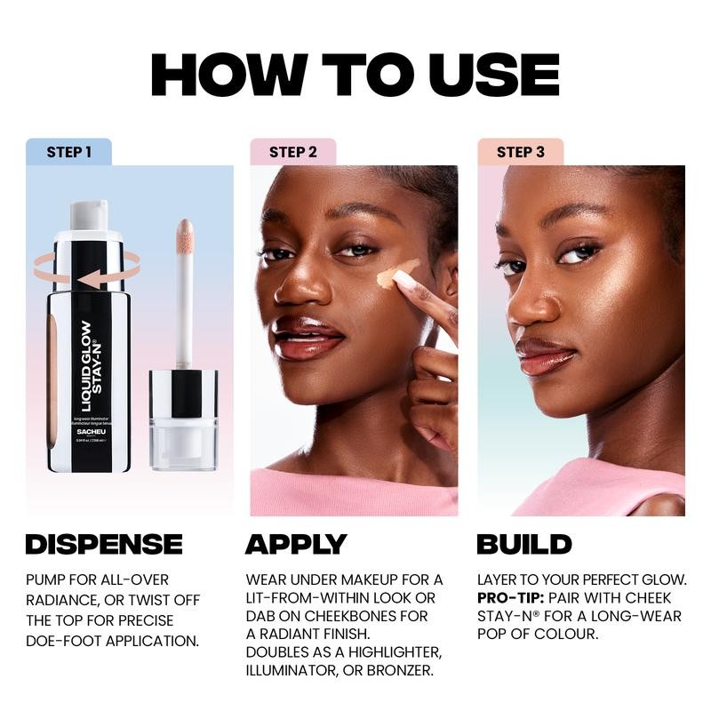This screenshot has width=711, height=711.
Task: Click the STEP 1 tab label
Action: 68,152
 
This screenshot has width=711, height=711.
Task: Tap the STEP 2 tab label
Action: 292,152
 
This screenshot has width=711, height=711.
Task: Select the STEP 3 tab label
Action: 520,152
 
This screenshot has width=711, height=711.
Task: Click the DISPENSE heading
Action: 104,544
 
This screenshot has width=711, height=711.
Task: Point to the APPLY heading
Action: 296,544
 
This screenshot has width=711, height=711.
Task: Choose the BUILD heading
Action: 524,544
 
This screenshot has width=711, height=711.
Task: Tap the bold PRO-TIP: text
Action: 510,598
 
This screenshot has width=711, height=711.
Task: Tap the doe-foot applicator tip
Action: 185,236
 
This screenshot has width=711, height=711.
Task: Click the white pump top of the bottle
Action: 89,214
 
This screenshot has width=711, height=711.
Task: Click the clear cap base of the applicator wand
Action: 183,444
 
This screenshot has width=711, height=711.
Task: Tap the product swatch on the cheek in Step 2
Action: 397,274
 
